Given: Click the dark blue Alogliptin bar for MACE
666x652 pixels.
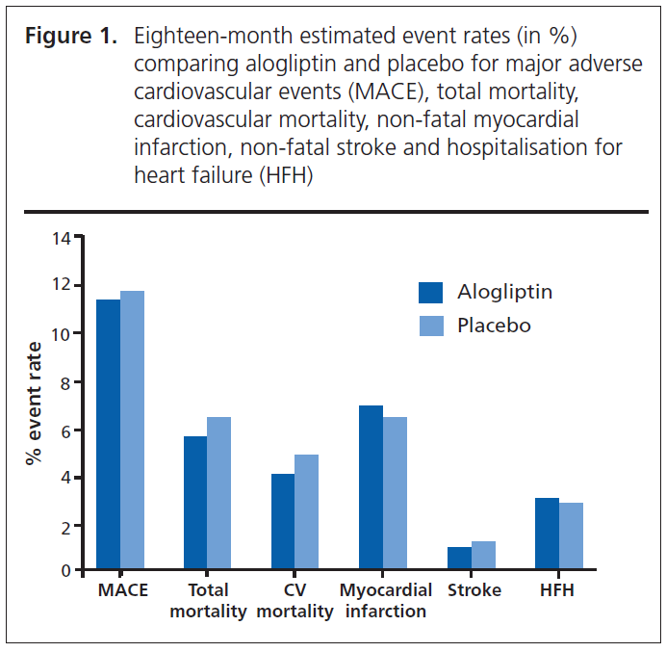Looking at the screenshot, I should [109, 434].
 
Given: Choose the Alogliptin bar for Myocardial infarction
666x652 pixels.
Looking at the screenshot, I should [371, 487].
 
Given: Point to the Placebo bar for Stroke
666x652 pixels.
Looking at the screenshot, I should [483, 556].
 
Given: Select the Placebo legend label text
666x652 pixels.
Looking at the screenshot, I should [494, 326].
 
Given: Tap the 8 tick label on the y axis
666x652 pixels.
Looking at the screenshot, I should [65, 382].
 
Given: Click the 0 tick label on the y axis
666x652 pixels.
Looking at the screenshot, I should [65, 571].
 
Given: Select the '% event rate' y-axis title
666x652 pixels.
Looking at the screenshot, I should [35, 404].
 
